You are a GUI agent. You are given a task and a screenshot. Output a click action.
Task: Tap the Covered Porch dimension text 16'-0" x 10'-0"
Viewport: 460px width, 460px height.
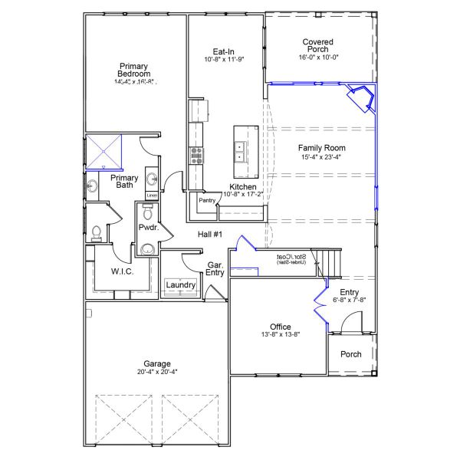317,57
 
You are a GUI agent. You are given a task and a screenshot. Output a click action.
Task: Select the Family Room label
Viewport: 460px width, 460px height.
322,148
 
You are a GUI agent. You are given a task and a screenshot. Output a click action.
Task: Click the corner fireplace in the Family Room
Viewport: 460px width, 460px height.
360,98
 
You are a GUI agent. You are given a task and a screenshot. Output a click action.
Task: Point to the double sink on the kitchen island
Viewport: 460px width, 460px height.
240,151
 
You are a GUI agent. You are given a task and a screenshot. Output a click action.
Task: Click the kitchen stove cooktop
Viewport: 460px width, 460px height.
196,156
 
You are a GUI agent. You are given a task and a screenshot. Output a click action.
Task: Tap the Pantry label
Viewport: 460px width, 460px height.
206,200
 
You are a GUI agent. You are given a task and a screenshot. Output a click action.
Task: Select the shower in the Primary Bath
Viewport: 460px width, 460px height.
103,151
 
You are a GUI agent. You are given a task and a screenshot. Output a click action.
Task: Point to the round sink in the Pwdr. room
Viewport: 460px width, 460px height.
146,248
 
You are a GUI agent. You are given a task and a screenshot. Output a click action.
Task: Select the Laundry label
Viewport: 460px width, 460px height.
181,286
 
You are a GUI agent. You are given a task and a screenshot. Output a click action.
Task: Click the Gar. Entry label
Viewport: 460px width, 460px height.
215,269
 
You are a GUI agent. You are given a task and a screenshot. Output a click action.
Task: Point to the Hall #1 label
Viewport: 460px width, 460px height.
209,235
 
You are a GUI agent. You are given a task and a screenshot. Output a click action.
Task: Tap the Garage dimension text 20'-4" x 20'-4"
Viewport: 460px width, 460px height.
157,372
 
